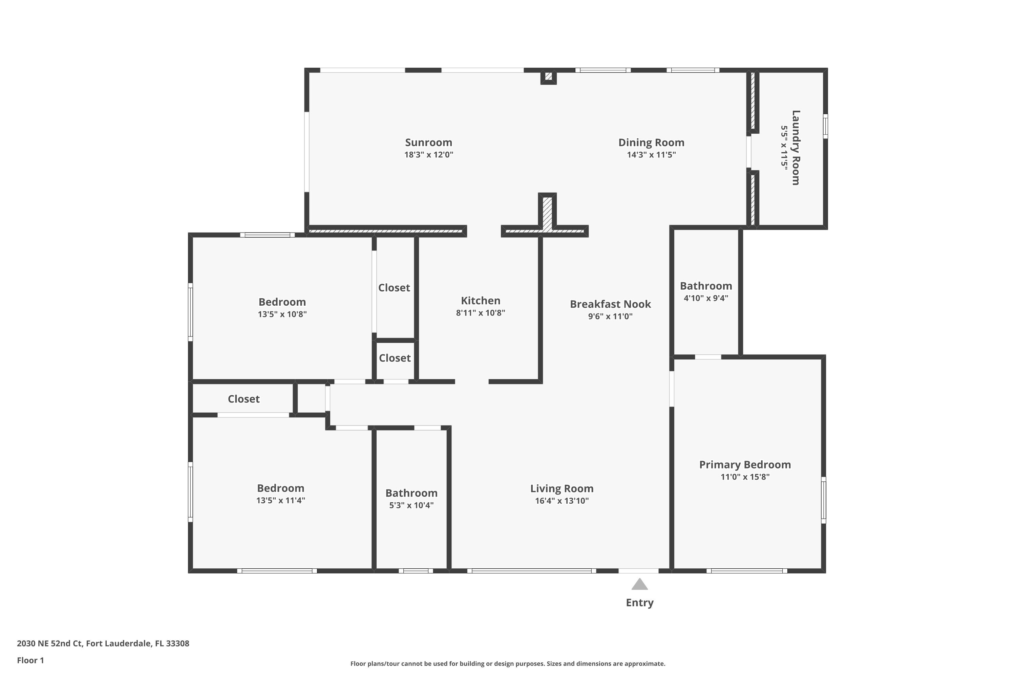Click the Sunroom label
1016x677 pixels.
click(x=428, y=143)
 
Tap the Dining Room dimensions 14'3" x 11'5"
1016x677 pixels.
click(x=651, y=155)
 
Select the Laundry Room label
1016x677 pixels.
click(x=796, y=148)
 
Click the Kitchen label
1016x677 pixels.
click(x=480, y=301)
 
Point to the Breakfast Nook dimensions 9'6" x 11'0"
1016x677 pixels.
click(x=610, y=316)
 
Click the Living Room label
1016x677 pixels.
click(x=562, y=488)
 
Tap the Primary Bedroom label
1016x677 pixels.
click(x=745, y=464)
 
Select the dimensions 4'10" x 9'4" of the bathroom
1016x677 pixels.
click(x=706, y=298)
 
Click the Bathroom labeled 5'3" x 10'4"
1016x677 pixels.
click(x=411, y=493)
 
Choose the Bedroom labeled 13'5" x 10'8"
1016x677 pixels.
click(x=282, y=302)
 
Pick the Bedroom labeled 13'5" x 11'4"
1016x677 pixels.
click(x=280, y=488)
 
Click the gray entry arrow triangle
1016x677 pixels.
click(x=639, y=585)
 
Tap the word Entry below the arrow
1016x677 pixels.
click(x=639, y=603)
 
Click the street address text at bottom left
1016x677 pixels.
click(x=103, y=643)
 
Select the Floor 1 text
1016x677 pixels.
click(x=30, y=660)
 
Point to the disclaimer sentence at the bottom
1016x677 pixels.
click(x=508, y=663)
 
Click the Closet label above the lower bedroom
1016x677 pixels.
click(x=244, y=399)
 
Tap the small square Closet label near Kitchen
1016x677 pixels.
click(x=395, y=358)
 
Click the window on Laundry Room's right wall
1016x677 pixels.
click(x=825, y=126)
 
